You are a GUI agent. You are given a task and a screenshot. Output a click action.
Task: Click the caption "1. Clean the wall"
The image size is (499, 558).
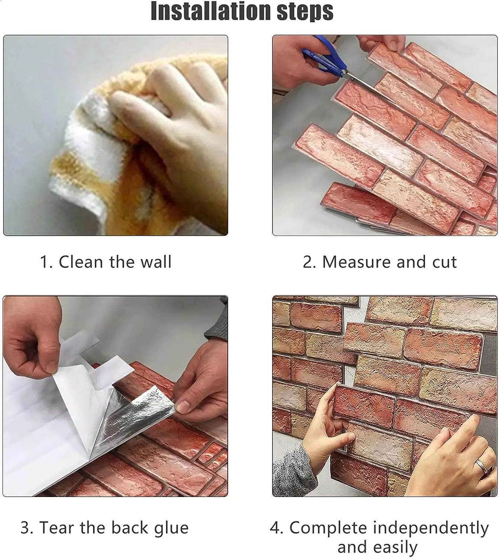pyautogui.click(x=106, y=262)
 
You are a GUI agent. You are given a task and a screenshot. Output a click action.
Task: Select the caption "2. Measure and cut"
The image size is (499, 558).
pyautogui.click(x=380, y=262)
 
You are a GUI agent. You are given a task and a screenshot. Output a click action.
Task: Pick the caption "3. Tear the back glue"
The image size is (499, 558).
pyautogui.click(x=104, y=527)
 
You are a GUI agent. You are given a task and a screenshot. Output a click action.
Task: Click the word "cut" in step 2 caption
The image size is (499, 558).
pyautogui.click(x=444, y=262)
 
